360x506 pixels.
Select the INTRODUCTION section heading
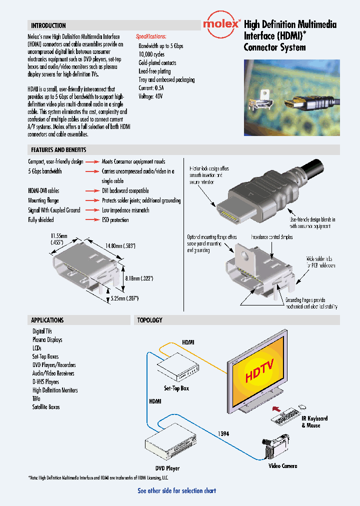click(48, 25)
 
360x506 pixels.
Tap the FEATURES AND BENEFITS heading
click(58, 150)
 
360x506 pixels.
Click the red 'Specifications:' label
click(151, 36)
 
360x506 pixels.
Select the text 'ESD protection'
click(115, 220)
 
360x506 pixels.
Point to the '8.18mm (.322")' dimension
click(139, 278)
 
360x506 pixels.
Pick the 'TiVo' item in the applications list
click(37, 398)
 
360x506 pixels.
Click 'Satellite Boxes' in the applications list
click(46, 407)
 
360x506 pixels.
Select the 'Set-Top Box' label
click(176, 388)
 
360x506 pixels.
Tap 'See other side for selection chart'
click(177, 490)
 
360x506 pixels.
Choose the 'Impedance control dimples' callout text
click(272, 237)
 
